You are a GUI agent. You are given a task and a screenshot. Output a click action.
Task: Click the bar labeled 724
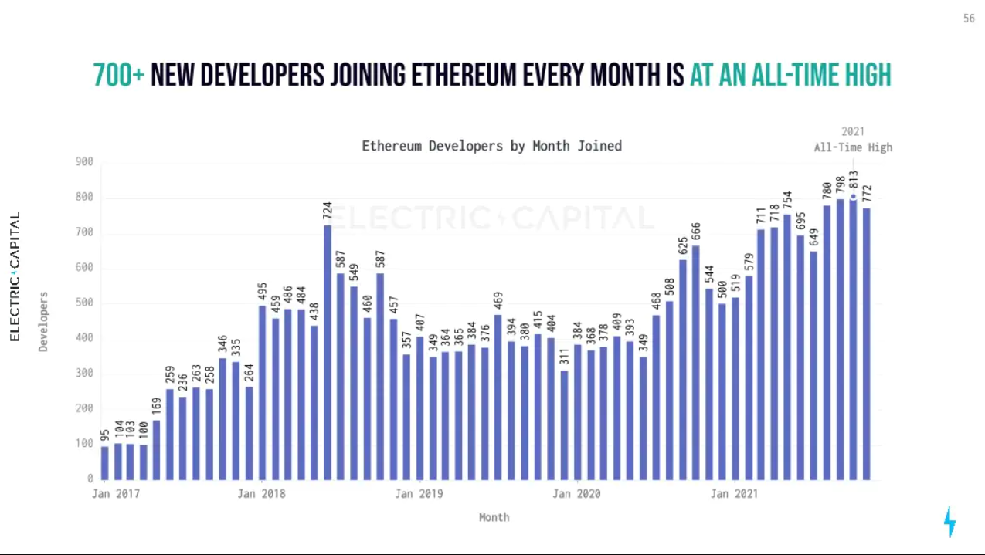[x=328, y=352]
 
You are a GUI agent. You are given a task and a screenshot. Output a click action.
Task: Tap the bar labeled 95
[x=104, y=462]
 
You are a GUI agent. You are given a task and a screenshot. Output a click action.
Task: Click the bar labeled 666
[x=695, y=362]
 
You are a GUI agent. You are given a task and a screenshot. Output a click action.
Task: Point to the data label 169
[x=157, y=406]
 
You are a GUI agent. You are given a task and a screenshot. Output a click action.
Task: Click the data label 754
[x=787, y=200]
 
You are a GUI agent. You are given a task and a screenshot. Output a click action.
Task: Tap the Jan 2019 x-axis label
[x=419, y=493]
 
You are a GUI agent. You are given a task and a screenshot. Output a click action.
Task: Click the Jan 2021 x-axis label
[x=734, y=493]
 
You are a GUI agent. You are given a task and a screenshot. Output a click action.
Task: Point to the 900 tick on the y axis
[x=84, y=161]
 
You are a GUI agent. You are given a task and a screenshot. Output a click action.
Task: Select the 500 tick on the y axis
[x=84, y=303]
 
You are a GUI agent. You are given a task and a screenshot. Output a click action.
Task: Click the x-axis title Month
[x=494, y=516]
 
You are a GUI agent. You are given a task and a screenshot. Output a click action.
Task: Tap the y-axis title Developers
[x=44, y=321]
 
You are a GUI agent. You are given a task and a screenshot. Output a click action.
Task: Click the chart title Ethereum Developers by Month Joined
[x=491, y=146]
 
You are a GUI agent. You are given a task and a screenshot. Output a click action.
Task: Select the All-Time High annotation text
[x=853, y=147]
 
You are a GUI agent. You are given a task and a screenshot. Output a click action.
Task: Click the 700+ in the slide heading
[x=119, y=75]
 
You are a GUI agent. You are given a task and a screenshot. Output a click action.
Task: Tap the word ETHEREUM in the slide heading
[x=464, y=75]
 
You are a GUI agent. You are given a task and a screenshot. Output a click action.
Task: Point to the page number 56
[x=969, y=19]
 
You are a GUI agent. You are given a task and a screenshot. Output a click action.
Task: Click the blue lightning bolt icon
[x=949, y=522]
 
